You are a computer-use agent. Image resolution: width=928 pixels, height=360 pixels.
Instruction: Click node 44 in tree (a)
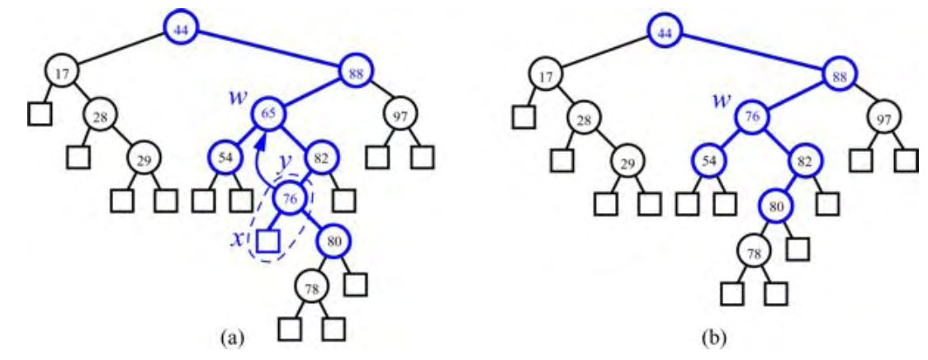(179, 29)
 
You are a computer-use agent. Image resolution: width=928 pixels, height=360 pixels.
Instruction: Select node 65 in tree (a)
(268, 113)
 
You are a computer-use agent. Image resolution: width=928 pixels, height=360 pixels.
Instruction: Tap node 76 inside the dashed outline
(289, 198)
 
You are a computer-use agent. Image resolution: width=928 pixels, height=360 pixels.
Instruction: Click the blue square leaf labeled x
(267, 241)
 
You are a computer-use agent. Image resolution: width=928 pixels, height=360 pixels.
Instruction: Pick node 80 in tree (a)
(332, 242)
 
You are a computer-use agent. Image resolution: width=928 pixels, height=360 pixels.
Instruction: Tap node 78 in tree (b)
(752, 253)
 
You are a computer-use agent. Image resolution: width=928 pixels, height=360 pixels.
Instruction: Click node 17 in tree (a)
(62, 73)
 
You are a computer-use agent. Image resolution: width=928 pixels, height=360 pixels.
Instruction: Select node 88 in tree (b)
(839, 77)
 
